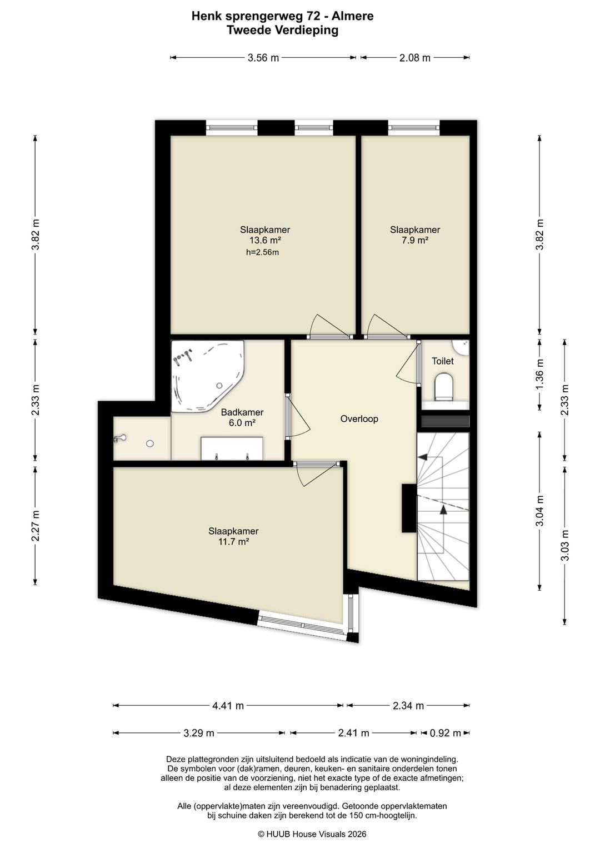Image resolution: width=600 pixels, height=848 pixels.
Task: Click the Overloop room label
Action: coord(359,418)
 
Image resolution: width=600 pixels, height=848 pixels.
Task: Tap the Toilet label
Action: coord(443,361)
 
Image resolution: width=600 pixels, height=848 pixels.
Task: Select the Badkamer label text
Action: coord(242,412)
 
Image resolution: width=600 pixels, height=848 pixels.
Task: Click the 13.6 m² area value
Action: coord(264,240)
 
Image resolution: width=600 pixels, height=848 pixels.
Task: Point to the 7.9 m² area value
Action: coord(415,240)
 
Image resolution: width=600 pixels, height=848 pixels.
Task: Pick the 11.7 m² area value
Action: coord(233,541)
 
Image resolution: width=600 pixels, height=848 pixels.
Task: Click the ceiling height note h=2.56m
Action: coord(262,252)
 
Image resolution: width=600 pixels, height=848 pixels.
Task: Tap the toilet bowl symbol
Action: coord(444,387)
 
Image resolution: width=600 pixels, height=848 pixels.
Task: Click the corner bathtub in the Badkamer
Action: coord(206,377)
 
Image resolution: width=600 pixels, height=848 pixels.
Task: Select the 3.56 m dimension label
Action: coord(263,58)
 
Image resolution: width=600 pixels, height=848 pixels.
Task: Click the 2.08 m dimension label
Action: coord(415,58)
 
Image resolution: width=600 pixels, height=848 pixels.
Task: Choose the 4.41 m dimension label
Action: coord(228,705)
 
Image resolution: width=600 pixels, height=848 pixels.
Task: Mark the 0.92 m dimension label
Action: coord(445,733)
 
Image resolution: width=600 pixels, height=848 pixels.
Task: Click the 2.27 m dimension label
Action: coord(35,526)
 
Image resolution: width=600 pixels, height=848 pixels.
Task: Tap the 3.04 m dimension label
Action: coord(540,511)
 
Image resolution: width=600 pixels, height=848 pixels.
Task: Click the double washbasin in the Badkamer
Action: coord(232,448)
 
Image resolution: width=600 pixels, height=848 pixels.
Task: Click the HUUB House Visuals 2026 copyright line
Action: coord(312,834)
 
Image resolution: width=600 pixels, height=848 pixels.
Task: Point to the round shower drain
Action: coord(151,443)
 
